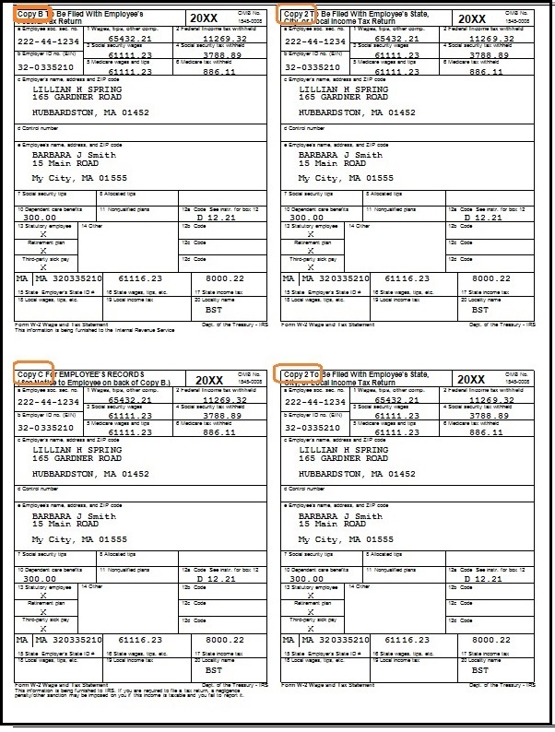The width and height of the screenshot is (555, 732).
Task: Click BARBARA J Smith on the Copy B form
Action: [74, 156]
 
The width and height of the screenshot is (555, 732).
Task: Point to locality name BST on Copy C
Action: [213, 670]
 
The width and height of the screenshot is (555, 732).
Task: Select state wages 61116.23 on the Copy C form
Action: [136, 639]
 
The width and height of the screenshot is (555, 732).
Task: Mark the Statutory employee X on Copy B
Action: [44, 234]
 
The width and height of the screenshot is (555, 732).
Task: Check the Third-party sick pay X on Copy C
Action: [44, 628]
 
